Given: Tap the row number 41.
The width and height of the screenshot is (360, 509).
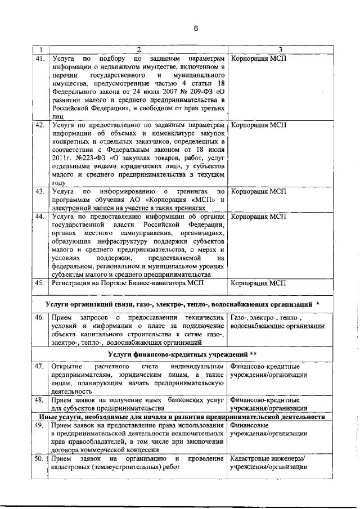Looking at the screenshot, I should (x=40, y=58).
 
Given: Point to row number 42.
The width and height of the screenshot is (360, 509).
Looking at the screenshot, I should (x=40, y=125).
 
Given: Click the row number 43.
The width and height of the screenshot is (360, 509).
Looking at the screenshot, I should (x=40, y=192).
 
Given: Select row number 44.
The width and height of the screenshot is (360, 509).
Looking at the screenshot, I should (x=40, y=215).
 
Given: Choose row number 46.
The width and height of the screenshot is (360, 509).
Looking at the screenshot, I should (x=40, y=318).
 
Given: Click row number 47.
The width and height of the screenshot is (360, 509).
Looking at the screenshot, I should (x=40, y=366).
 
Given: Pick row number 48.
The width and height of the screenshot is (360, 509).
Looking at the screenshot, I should (x=40, y=399).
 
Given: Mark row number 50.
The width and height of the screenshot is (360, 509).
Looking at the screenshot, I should (x=40, y=460).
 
